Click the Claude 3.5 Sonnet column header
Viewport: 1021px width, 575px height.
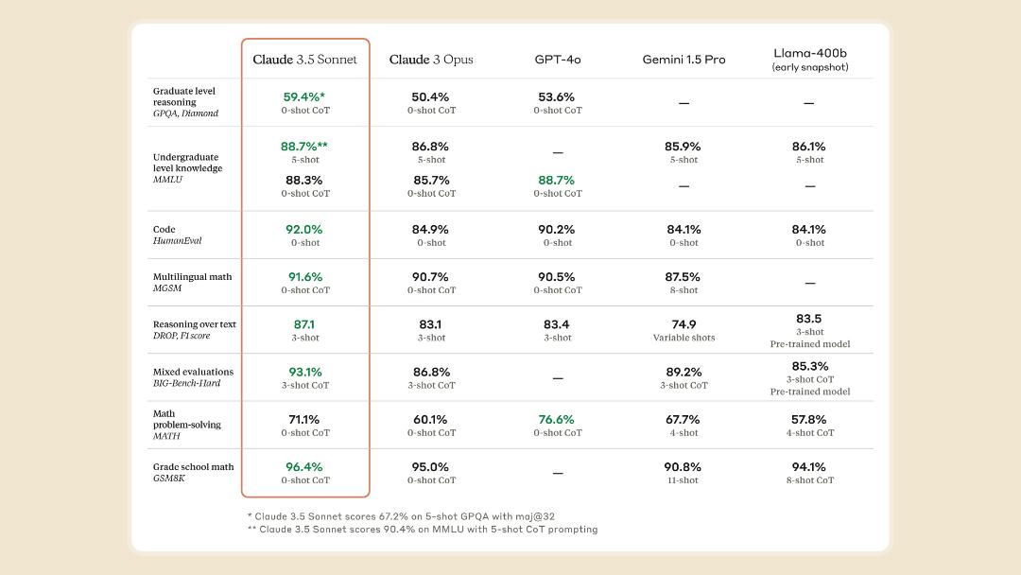[304, 60]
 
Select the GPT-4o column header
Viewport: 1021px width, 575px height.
[558, 60]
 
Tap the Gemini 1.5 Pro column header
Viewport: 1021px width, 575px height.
[684, 60]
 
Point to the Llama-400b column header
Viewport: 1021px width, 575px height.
[810, 60]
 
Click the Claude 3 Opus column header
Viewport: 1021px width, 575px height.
[431, 60]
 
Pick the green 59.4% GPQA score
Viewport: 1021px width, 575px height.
[304, 97]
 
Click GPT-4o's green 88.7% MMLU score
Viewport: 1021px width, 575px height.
[556, 180]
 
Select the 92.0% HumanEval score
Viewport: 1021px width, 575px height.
[304, 229]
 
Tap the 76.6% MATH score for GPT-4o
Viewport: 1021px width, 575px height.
[556, 419]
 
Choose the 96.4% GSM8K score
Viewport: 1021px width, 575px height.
[304, 467]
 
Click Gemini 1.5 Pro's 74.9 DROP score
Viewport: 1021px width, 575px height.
[684, 324]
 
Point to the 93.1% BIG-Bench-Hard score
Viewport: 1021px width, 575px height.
[305, 372]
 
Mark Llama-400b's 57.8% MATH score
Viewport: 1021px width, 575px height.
[808, 419]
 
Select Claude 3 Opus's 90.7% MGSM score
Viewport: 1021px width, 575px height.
[430, 277]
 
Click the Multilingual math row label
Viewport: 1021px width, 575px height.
[192, 282]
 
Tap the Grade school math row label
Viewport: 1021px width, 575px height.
[194, 472]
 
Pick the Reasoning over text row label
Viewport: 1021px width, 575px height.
[195, 329]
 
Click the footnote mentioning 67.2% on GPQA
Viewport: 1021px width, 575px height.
[401, 516]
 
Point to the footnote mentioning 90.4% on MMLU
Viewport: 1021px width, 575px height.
[423, 530]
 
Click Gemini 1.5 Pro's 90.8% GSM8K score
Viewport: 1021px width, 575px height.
[683, 467]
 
